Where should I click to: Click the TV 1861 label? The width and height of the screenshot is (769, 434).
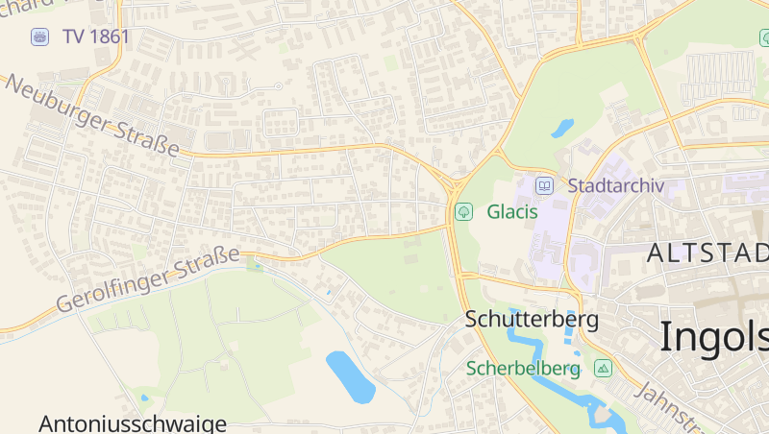[96, 36]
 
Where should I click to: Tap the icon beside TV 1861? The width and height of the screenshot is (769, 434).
[39, 36]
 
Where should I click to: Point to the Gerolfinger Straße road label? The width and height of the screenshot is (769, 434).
[147, 278]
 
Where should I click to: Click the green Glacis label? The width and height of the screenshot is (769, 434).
[511, 211]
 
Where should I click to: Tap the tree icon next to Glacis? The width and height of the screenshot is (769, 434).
[463, 211]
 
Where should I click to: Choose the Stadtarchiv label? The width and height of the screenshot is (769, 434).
[616, 185]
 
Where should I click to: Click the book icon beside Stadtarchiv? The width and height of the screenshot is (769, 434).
[545, 185]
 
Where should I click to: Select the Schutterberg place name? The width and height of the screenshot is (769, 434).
[532, 319]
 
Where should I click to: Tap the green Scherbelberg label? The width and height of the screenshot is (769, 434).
[523, 368]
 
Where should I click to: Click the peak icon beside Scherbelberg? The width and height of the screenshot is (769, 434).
[603, 368]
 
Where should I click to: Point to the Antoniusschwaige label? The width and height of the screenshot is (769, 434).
[133, 423]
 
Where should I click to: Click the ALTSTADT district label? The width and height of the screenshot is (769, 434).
[708, 253]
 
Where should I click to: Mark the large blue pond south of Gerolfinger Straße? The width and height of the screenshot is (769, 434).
[350, 375]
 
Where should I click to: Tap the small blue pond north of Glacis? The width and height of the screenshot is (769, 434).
[562, 127]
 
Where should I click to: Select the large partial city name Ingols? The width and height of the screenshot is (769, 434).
[713, 337]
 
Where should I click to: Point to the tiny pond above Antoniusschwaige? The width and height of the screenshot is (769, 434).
[145, 397]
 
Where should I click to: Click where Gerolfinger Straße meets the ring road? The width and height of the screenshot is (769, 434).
[451, 228]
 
